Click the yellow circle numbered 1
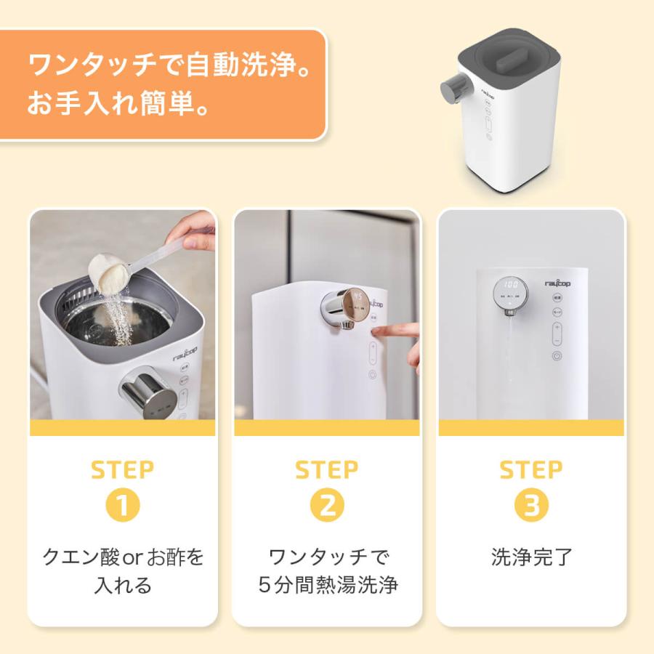(122, 505)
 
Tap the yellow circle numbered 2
(327, 505)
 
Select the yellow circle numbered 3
(531, 505)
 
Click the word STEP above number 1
(122, 470)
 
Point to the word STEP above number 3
(531, 470)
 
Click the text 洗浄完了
(531, 557)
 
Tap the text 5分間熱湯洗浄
(328, 585)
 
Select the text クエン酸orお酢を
(123, 557)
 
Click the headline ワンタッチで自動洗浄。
(169, 65)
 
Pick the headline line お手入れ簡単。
(118, 103)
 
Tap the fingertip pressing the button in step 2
(377, 331)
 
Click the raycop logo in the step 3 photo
(557, 283)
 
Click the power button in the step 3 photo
(557, 356)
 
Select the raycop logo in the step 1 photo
(185, 354)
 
